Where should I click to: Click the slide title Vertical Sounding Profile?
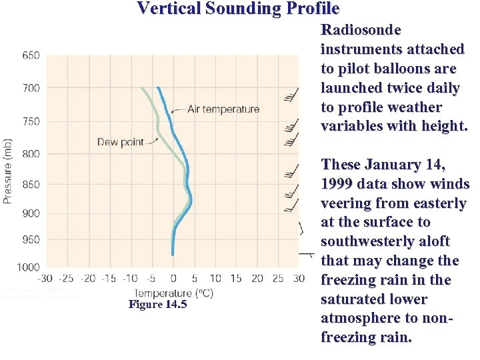pos(238,9)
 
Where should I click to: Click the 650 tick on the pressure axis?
pos(31,55)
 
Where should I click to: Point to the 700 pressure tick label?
pos(31,88)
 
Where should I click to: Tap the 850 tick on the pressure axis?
pos(31,184)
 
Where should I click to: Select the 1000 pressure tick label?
pos(28,267)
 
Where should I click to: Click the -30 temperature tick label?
pos(45,279)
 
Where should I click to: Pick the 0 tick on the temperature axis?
pos(173,279)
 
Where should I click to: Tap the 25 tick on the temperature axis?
pos(278,279)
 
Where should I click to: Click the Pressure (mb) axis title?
pos(8,171)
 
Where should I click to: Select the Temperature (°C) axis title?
pos(174,293)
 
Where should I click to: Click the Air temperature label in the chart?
pos(223,109)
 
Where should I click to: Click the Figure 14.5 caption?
pos(157,305)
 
